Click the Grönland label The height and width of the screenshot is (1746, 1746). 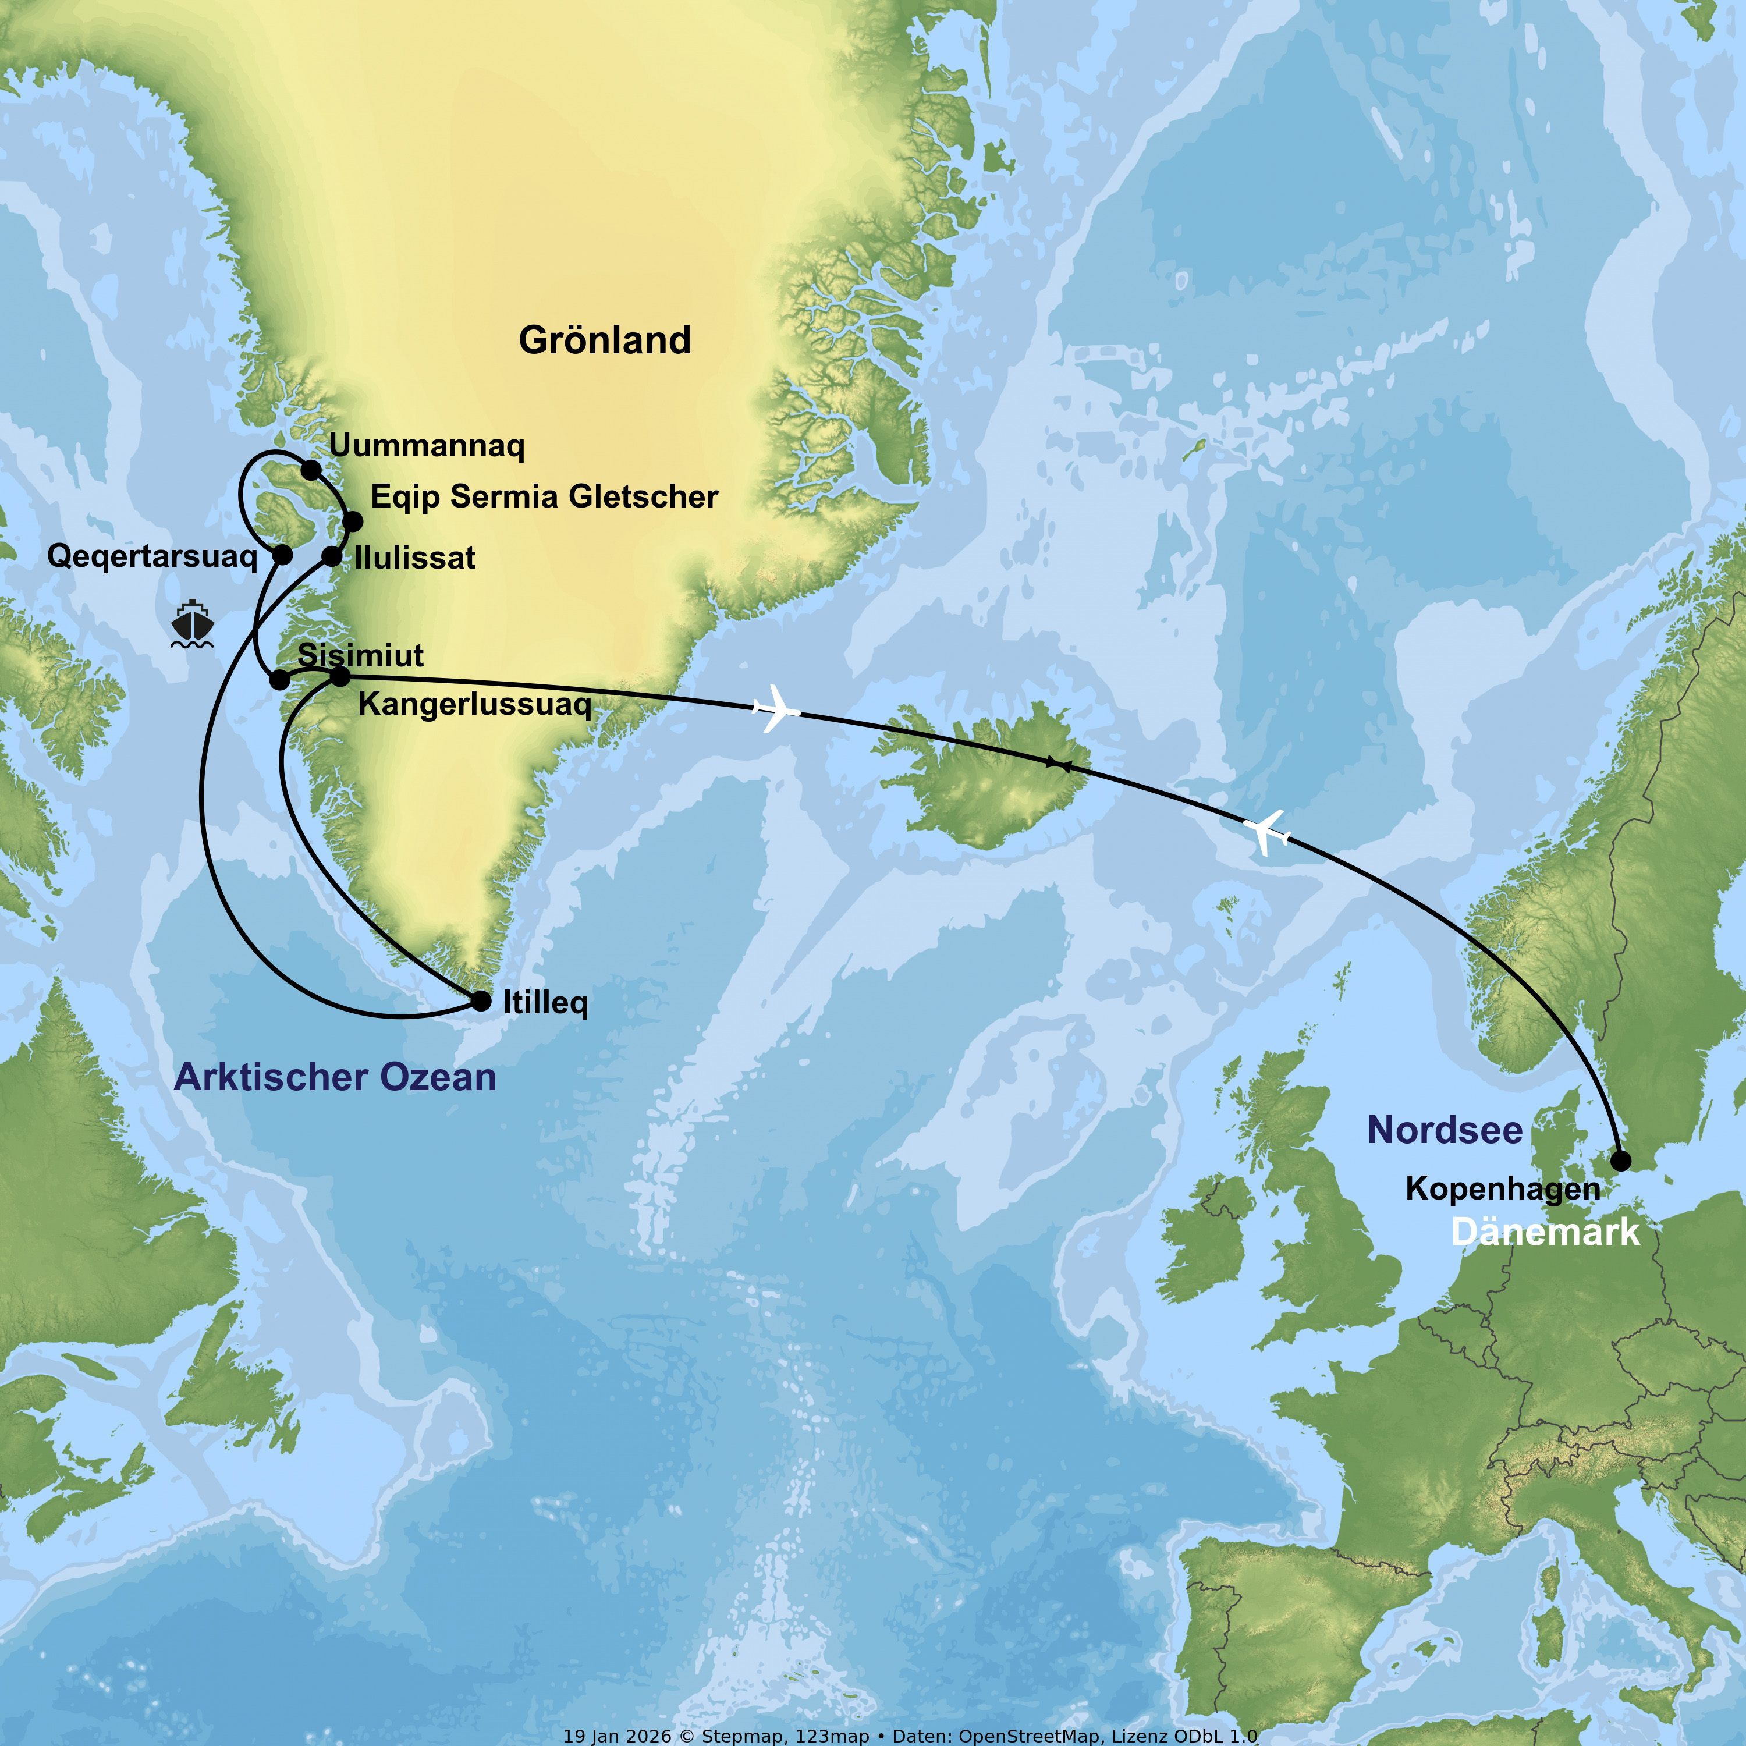coord(605,340)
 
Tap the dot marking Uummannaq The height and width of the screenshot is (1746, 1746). coord(311,470)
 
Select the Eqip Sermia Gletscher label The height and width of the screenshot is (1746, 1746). coord(544,497)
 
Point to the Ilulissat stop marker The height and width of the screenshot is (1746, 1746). coord(332,557)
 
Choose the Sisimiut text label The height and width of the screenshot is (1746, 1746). coord(361,655)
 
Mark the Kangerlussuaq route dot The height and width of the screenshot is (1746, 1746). coord(340,676)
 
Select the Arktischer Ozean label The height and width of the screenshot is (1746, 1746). coord(335,1077)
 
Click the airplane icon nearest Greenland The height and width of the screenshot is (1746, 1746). coord(775,708)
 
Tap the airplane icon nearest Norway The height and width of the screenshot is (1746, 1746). coord(1266,832)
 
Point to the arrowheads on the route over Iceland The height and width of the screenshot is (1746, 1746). coord(1058,765)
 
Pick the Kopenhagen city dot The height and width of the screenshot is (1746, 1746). coord(1621,1161)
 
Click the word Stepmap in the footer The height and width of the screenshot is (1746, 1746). coord(734,1736)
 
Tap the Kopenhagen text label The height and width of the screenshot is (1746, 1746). coord(1502,1189)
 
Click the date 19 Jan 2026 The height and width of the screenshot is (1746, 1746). coord(618,1736)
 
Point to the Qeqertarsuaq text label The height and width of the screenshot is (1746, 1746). coord(152,556)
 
